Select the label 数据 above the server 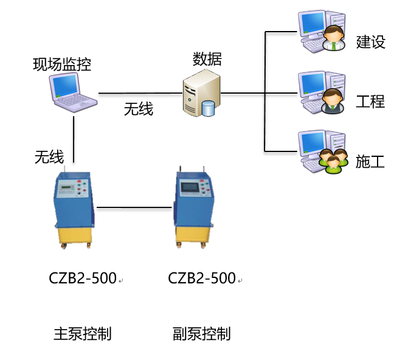pyautogui.click(x=207, y=59)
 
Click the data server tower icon pyautogui.click(x=201, y=94)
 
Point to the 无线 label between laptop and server pyautogui.click(x=139, y=109)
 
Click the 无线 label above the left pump pyautogui.click(x=49, y=157)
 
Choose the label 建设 pyautogui.click(x=370, y=42)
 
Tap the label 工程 pyautogui.click(x=370, y=101)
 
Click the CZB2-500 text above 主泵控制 pyautogui.click(x=83, y=279)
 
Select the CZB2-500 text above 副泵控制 pyautogui.click(x=202, y=279)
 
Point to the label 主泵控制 pyautogui.click(x=83, y=334)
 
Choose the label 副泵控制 pyautogui.click(x=202, y=334)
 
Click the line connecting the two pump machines pyautogui.click(x=134, y=208)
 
